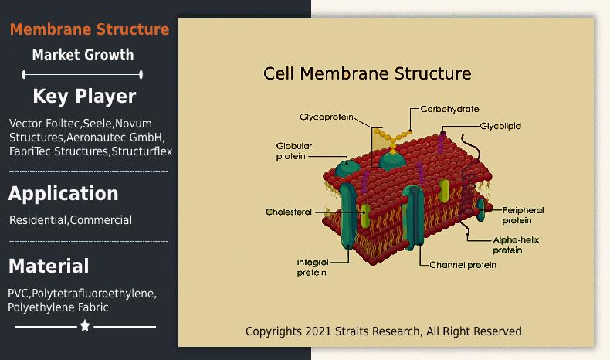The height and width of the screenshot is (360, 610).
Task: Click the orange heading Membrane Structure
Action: (90, 29)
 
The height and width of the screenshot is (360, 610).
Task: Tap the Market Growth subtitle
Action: (83, 55)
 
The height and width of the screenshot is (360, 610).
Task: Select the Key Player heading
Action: (84, 96)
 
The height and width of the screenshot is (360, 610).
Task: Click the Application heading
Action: (63, 193)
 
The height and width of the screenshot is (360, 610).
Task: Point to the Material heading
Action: (49, 267)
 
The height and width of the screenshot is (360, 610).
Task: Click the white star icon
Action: (85, 325)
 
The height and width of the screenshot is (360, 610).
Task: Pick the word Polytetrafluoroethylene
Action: (93, 294)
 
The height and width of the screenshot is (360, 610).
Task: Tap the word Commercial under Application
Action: (101, 220)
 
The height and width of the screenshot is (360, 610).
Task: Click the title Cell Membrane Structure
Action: (368, 73)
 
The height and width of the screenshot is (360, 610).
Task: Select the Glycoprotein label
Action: (327, 117)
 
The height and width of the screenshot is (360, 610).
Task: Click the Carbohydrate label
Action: (449, 109)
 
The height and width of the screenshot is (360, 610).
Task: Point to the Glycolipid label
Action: (500, 126)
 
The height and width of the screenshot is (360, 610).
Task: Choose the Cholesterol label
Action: (289, 212)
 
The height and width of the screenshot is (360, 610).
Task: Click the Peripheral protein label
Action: (523, 216)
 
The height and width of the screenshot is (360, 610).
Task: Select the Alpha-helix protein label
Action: (516, 245)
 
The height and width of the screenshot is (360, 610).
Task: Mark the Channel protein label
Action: (463, 265)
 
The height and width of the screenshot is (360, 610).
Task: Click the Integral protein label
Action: (313, 267)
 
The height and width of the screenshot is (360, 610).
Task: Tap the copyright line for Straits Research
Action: (384, 331)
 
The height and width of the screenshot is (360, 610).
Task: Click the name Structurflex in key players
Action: (142, 151)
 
